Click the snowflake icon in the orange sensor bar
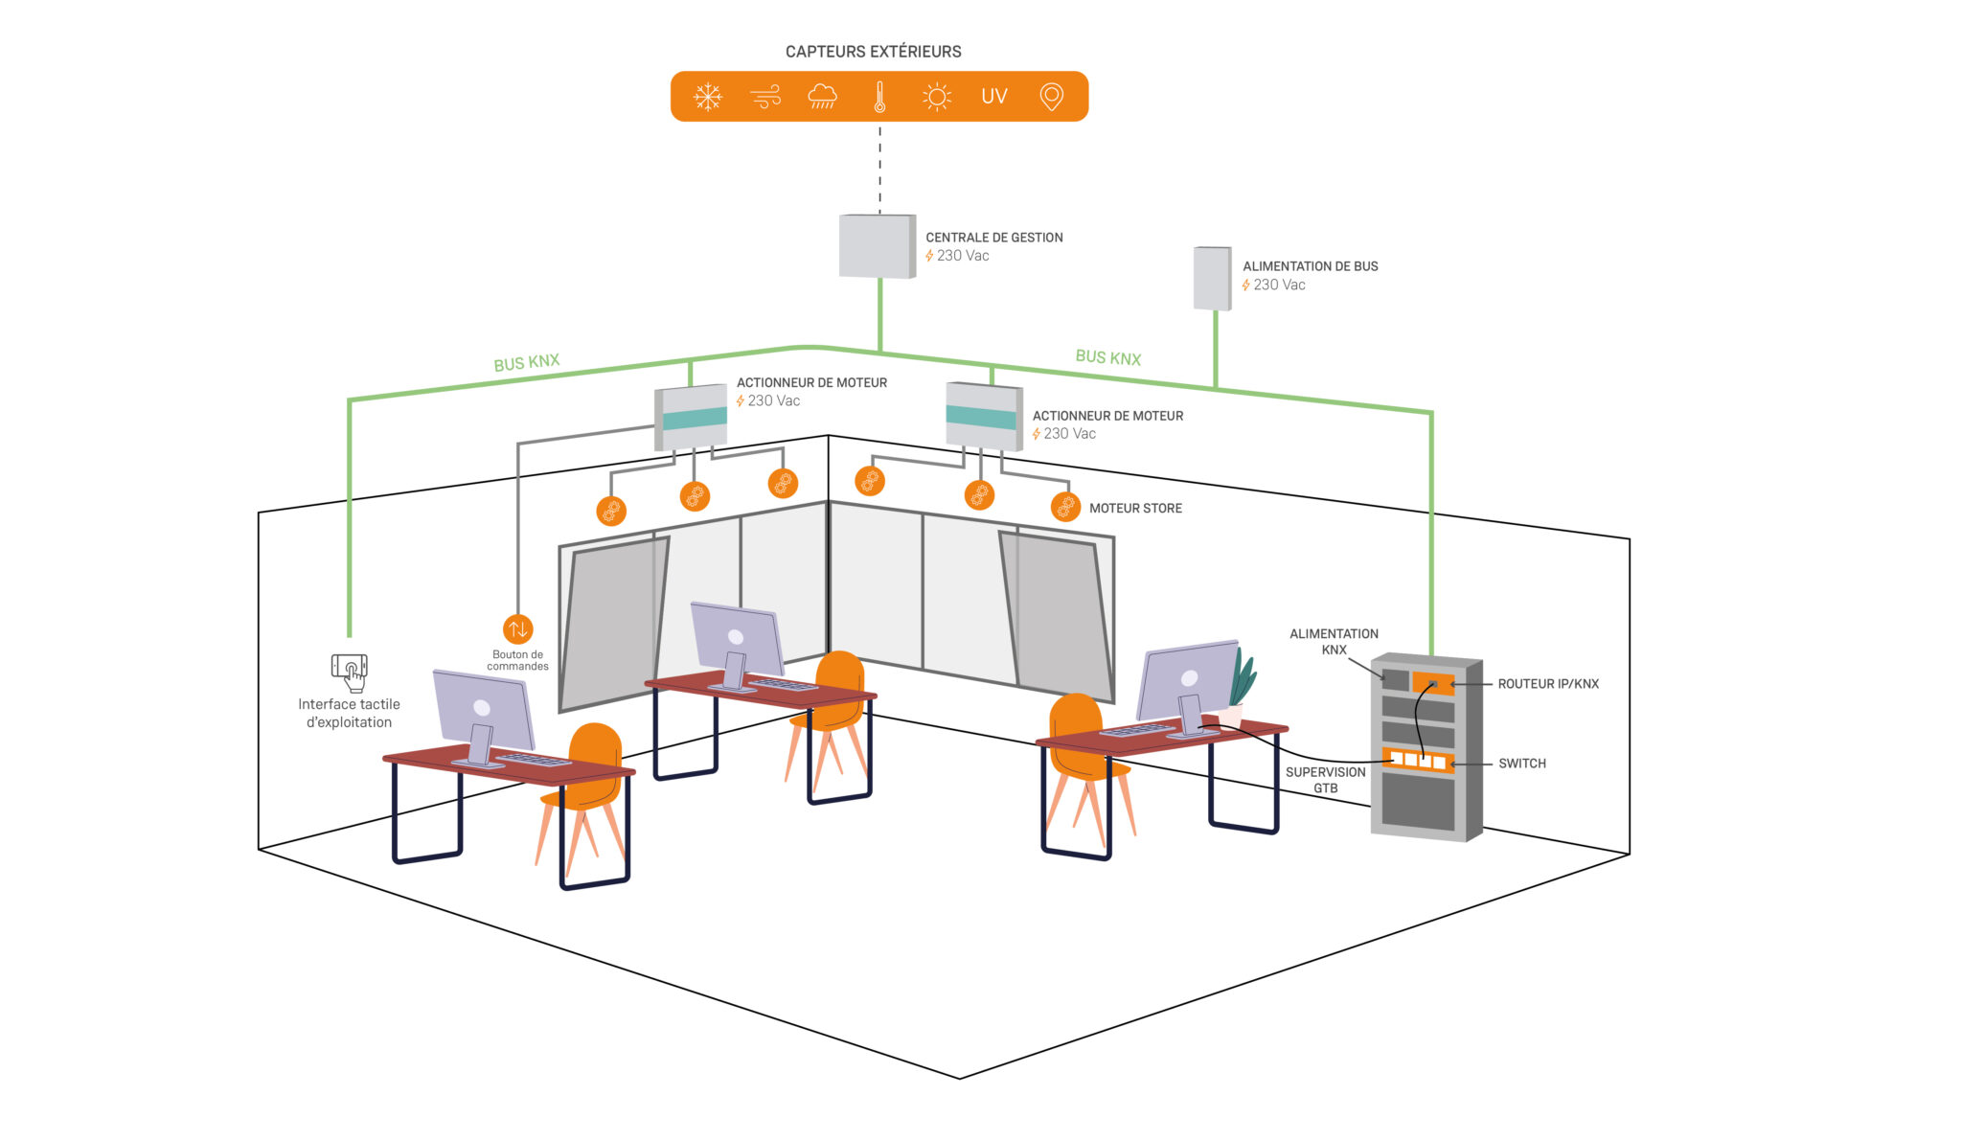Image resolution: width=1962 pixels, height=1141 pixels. pyautogui.click(x=708, y=97)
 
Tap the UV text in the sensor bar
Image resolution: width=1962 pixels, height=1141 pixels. pyautogui.click(x=994, y=97)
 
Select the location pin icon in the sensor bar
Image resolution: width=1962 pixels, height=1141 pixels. pyautogui.click(x=1051, y=97)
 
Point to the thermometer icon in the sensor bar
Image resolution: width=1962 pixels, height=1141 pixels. pyautogui.click(x=879, y=97)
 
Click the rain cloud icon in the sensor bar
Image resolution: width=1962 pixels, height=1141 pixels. pyautogui.click(x=822, y=97)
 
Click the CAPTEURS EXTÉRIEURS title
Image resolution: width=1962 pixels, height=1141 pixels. pyautogui.click(x=873, y=52)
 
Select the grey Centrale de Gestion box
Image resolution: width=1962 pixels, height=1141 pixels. pyautogui.click(x=877, y=246)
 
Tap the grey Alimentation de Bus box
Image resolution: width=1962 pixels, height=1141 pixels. pyautogui.click(x=1212, y=279)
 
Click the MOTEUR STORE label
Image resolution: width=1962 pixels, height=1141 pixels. pyautogui.click(x=1135, y=509)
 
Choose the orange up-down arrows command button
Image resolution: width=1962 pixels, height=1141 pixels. pyautogui.click(x=517, y=629)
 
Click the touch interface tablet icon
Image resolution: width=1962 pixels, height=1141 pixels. pyautogui.click(x=350, y=671)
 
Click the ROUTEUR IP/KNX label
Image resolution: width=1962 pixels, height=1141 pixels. pyautogui.click(x=1548, y=684)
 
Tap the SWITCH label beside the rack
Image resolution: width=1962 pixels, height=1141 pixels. pyautogui.click(x=1522, y=764)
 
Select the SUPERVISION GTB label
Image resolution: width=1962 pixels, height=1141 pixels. pyautogui.click(x=1325, y=780)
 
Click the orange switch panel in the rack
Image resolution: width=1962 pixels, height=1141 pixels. pyautogui.click(x=1418, y=761)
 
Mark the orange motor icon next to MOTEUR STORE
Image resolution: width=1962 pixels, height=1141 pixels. pyautogui.click(x=1065, y=507)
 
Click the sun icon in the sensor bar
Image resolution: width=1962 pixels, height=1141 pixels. pyautogui.click(x=936, y=97)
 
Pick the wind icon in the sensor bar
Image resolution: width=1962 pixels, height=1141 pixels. pyautogui.click(x=765, y=97)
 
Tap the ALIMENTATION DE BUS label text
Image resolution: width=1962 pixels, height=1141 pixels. pyautogui.click(x=1310, y=266)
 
